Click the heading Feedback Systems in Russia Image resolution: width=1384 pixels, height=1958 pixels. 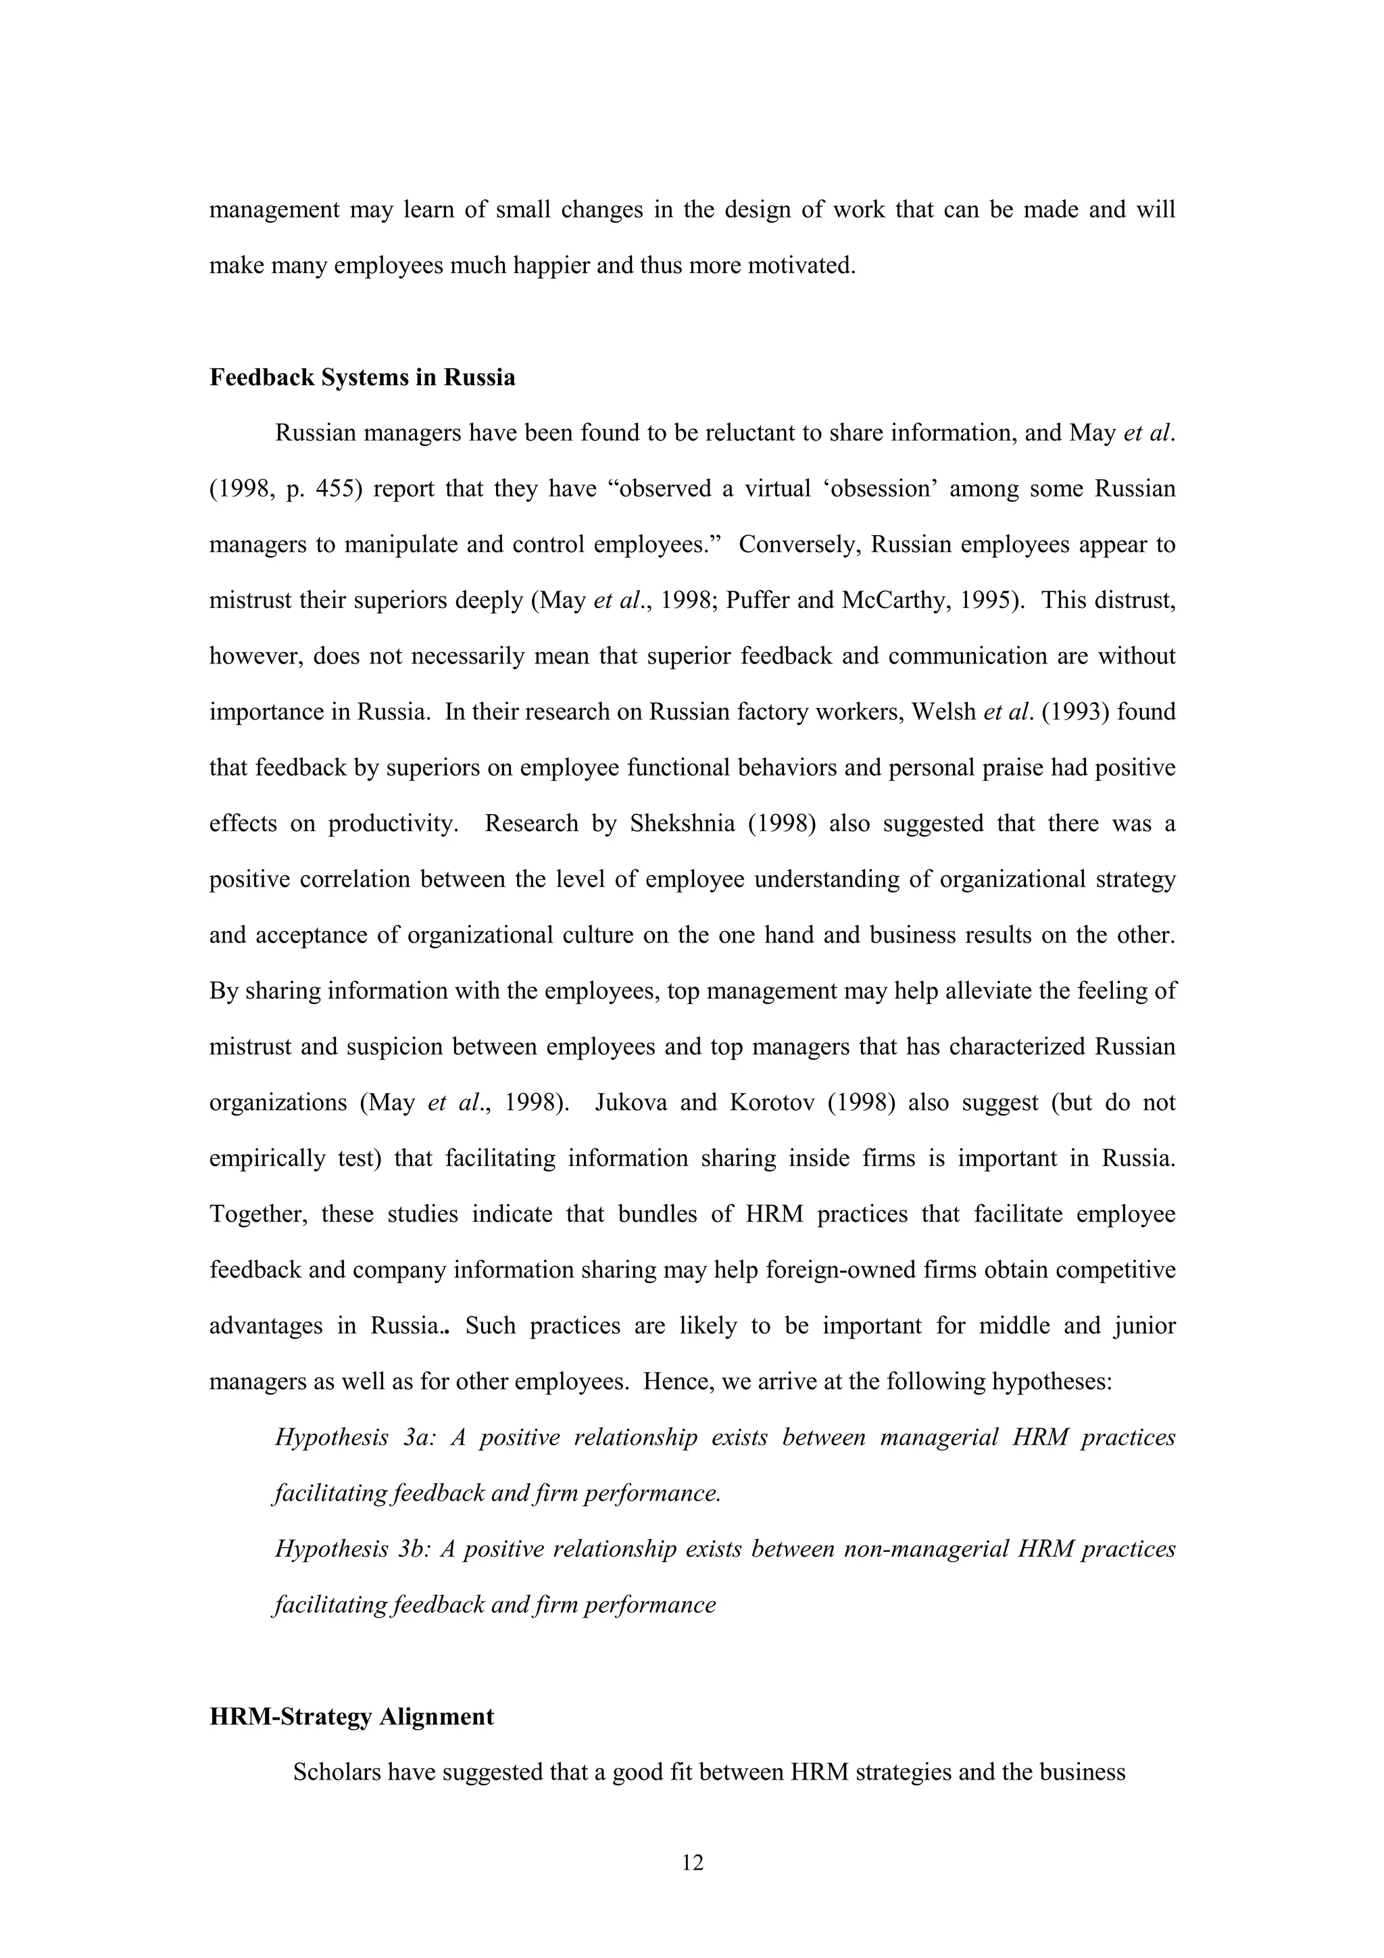point(362,377)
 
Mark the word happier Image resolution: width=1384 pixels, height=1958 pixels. point(547,266)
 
